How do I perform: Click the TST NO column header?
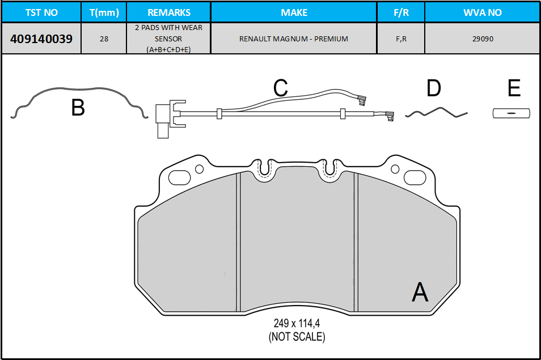(x=41, y=12)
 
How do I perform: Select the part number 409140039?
(x=41, y=39)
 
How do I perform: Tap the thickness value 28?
(x=104, y=39)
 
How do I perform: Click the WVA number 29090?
(x=483, y=39)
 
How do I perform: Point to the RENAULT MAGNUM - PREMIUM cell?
(x=294, y=39)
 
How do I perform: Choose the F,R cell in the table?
(x=401, y=39)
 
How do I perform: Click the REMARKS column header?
(x=169, y=12)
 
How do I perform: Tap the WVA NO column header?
(x=483, y=12)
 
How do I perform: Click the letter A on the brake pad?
(x=420, y=293)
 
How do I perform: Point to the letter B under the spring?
(x=78, y=107)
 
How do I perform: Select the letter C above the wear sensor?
(x=281, y=87)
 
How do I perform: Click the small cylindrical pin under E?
(x=512, y=113)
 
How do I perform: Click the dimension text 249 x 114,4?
(x=297, y=323)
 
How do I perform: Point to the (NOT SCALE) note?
(x=297, y=337)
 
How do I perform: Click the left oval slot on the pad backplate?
(x=179, y=177)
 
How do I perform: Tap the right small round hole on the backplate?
(x=395, y=169)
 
